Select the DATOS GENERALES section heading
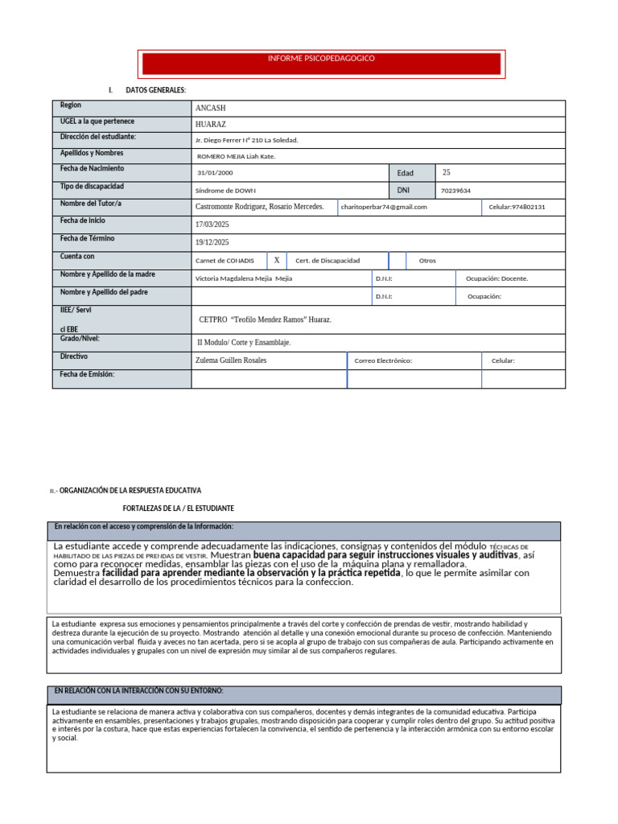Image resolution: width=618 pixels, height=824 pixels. coord(155,89)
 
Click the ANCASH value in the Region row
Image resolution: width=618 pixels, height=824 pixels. coord(212,109)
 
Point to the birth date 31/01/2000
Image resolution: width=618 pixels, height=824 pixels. coord(215,173)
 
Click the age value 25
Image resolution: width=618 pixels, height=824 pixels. coord(447,172)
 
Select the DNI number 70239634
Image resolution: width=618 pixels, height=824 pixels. coord(456,191)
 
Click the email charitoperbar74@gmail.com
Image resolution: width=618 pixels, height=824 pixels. coord(384,207)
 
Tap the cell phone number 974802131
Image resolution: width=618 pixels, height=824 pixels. coord(517,207)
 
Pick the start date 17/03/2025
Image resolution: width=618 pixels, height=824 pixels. coord(212,225)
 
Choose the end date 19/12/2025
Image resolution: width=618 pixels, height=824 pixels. coord(212,242)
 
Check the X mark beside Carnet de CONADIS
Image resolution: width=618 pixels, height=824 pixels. coord(276,260)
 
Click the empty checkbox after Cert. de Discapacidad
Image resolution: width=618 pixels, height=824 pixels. coord(398,261)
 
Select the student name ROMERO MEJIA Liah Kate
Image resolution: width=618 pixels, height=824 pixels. coord(237,156)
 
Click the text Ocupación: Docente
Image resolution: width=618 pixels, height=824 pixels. coord(497,278)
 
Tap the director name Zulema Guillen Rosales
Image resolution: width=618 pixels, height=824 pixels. coord(231,360)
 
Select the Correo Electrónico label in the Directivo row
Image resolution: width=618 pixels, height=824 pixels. coord(383,360)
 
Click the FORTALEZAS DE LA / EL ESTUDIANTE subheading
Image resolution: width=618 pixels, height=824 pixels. coord(178,509)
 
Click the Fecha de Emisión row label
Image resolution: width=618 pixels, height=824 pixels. coord(87,374)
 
